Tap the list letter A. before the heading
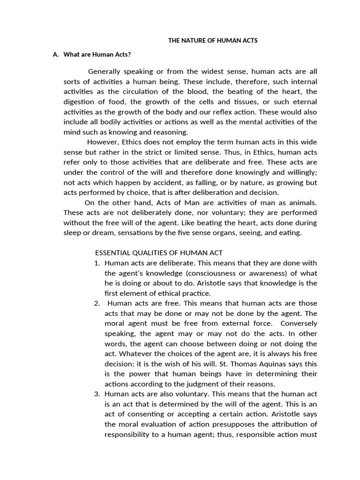click(56, 54)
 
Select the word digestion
click(78, 102)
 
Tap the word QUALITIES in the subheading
click(153, 253)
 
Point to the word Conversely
click(299, 323)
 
